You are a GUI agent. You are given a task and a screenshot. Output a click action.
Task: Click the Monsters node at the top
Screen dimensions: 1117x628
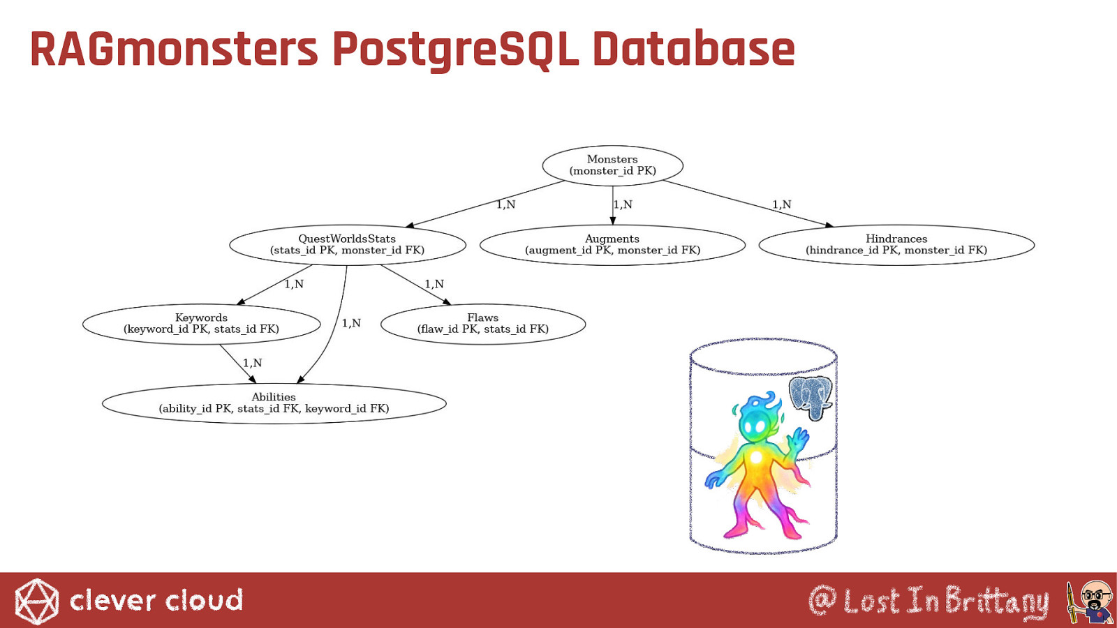(612, 165)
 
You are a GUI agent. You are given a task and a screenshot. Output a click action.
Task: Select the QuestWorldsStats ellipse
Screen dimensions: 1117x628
(348, 245)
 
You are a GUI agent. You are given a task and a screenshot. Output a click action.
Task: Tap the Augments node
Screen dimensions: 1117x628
(612, 245)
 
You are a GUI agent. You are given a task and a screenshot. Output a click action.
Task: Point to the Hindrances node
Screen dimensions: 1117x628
(896, 245)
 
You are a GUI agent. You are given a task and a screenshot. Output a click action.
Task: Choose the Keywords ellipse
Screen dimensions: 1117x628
(202, 324)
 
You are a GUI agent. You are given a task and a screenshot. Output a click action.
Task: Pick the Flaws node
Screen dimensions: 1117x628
(482, 324)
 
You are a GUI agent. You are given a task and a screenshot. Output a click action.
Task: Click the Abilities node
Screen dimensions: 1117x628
(274, 403)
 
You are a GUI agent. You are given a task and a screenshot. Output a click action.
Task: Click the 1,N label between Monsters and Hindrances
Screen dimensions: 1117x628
(781, 204)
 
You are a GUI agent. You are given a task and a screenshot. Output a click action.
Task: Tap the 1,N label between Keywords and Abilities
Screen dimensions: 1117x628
(252, 363)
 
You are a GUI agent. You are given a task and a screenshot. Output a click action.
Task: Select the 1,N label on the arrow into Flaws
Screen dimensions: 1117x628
(434, 284)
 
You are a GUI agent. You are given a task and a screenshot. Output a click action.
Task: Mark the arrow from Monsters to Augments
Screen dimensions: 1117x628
(613, 205)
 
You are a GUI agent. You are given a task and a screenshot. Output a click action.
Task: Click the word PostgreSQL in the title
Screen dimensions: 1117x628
(455, 50)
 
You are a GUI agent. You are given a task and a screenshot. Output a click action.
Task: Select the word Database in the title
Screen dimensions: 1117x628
(694, 49)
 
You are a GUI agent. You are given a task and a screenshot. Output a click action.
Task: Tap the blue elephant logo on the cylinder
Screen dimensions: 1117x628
(811, 398)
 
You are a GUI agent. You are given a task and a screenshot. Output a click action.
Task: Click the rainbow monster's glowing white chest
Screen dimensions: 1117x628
(757, 456)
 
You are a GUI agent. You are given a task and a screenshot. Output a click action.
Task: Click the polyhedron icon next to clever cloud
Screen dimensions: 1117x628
(36, 601)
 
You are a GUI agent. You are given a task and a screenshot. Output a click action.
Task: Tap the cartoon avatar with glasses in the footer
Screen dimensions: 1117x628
(1090, 601)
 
